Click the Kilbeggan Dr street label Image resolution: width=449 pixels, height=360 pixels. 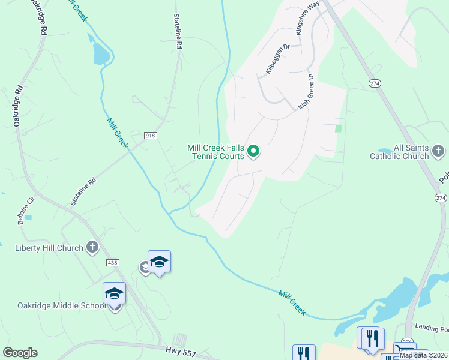click(278, 60)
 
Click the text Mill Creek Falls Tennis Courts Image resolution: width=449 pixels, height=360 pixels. click(215, 152)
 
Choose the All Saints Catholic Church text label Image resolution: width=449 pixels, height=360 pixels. click(403, 152)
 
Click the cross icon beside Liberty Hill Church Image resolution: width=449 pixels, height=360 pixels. click(92, 247)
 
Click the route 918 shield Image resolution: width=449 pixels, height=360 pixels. click(150, 136)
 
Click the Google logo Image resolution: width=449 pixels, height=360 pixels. click(20, 353)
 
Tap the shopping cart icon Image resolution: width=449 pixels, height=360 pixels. click(403, 350)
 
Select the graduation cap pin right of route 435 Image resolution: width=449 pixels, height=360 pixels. click(159, 262)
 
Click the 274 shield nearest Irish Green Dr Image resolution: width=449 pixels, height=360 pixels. click(375, 83)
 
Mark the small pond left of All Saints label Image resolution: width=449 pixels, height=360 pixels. click(384, 151)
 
